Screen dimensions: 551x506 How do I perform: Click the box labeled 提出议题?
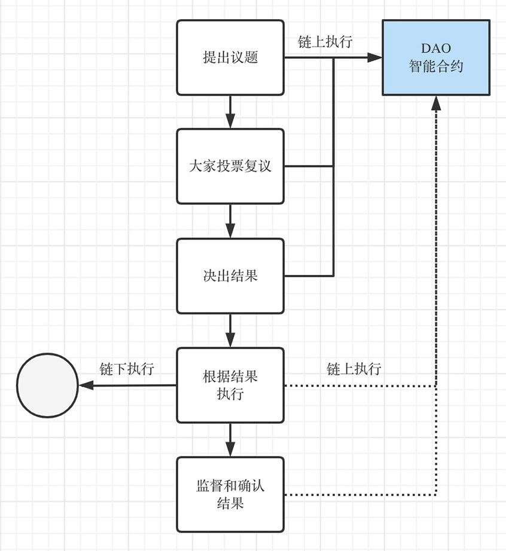tap(230, 57)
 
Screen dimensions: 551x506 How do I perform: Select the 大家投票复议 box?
tap(230, 166)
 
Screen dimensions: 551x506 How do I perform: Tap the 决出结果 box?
tap(230, 275)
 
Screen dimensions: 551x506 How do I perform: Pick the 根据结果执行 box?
tap(230, 385)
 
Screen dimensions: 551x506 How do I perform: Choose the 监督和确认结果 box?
tap(230, 494)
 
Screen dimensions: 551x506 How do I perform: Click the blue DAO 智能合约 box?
tap(436, 57)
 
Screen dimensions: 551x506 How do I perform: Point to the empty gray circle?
tap(47, 385)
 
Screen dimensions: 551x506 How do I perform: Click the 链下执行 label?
tap(127, 369)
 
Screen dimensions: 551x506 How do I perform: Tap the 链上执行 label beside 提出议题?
tap(325, 42)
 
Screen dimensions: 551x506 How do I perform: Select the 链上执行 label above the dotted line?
tap(354, 369)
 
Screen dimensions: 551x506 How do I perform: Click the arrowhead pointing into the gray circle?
tap(87, 385)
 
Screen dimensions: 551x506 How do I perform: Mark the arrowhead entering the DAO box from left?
tap(375, 57)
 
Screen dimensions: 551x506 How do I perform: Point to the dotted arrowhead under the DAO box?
tap(436, 103)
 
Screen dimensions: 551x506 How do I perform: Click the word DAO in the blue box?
tap(436, 48)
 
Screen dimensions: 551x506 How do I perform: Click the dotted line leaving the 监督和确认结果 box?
tap(359, 495)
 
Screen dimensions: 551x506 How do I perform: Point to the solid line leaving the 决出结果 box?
tap(308, 275)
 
